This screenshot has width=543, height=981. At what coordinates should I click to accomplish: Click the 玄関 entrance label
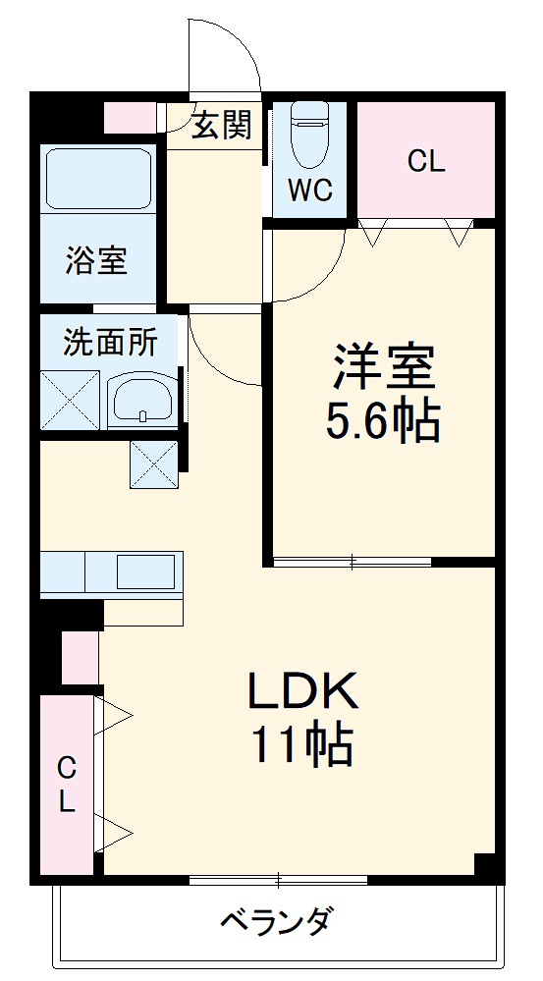(221, 125)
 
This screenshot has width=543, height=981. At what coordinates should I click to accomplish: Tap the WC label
(310, 191)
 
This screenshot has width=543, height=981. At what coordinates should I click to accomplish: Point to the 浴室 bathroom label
(96, 261)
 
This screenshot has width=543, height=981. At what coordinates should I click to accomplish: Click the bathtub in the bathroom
(98, 180)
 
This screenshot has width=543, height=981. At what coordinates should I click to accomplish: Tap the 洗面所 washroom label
(110, 343)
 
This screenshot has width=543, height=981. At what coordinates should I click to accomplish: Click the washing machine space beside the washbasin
(70, 400)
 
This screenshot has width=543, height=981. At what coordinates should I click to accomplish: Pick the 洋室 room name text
(382, 367)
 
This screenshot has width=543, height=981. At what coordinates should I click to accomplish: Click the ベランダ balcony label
(275, 923)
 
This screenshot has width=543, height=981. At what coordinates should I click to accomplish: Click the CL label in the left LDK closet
(66, 783)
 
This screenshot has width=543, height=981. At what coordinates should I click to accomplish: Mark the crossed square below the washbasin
(154, 463)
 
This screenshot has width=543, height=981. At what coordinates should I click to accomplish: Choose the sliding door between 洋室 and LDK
(352, 562)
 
